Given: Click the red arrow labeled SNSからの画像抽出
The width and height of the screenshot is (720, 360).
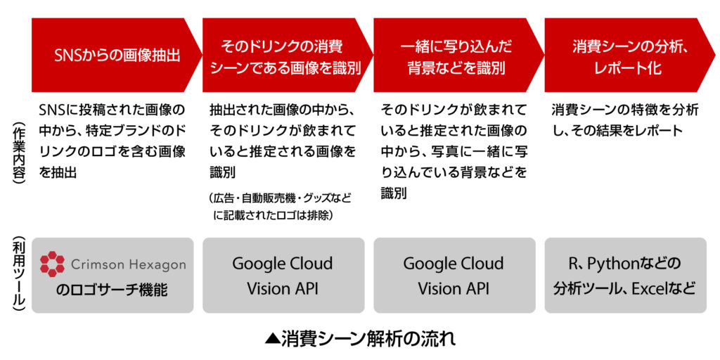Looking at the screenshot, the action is coord(115,55).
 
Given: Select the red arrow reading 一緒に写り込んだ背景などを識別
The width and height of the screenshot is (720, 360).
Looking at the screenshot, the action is coord(457,55).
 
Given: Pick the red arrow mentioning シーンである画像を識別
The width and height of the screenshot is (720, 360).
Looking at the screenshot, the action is coord(285,55).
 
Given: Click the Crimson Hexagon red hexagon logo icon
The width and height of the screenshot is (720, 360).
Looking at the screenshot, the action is coord(52,264).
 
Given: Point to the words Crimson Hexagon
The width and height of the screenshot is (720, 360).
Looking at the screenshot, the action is coord(129,265).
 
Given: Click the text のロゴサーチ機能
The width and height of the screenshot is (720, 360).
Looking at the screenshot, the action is coord(112,290).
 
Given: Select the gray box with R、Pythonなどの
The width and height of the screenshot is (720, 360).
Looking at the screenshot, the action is coord(625,276).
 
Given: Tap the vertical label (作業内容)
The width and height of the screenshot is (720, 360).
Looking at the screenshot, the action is coord(17,152).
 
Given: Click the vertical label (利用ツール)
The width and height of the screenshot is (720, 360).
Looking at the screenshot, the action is coord(17,276).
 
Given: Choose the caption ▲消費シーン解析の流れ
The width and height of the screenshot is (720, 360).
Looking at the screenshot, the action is coord(360,340).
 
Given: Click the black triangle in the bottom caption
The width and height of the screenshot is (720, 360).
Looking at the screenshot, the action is coord(272,340).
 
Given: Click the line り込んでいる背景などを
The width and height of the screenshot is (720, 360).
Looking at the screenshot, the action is coord(454,173).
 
